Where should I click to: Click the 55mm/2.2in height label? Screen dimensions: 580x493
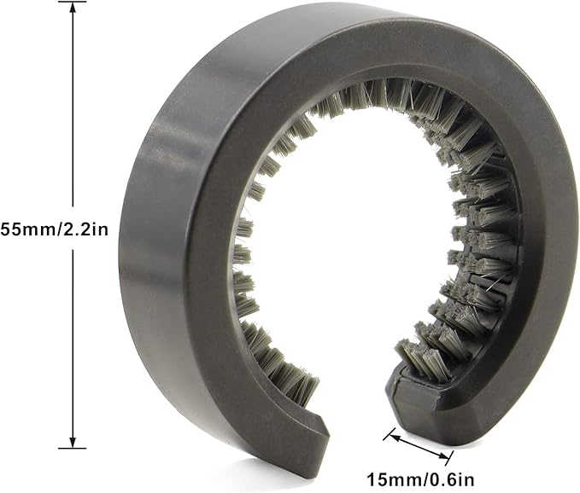pyautogui.click(x=55, y=229)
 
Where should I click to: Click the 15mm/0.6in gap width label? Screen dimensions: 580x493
pyautogui.click(x=420, y=479)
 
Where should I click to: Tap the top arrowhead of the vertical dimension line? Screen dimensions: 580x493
pyautogui.click(x=73, y=9)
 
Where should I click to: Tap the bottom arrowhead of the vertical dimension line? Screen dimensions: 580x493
pyautogui.click(x=73, y=441)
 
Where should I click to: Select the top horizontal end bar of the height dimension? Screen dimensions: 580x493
pyautogui.click(x=73, y=2)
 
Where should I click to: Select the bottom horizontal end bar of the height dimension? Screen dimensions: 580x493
pyautogui.click(x=73, y=449)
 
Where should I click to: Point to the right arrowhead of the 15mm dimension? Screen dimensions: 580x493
pyautogui.click(x=442, y=456)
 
